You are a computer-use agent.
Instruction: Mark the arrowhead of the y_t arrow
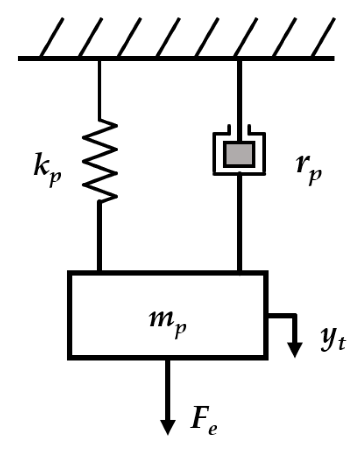point(295,348)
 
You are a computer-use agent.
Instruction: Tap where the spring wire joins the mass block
point(99,271)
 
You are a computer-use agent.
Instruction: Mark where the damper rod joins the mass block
point(239,271)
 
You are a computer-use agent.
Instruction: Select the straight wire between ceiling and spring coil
point(99,90)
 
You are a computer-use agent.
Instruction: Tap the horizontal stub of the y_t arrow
point(282,316)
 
